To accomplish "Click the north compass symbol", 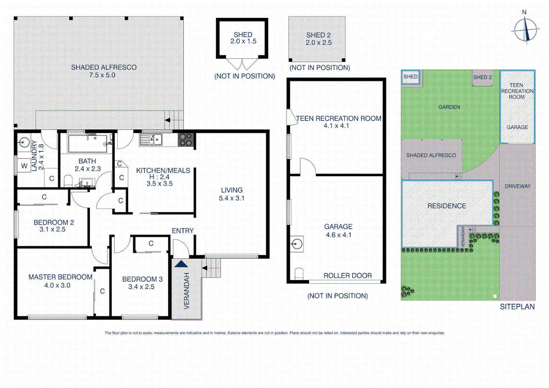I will click(x=525, y=30).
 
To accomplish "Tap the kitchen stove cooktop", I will click(x=186, y=140).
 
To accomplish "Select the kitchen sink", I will click(x=151, y=139).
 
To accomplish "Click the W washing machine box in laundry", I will click(x=24, y=166).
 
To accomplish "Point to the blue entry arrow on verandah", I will click(x=181, y=264).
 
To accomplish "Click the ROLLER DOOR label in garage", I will click(x=347, y=276).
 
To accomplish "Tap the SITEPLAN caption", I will click(x=517, y=306).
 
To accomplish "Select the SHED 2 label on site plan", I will click(x=482, y=77).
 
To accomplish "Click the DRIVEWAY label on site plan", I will click(x=517, y=186).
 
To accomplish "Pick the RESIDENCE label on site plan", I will click(x=447, y=206).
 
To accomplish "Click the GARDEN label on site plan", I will click(x=449, y=107).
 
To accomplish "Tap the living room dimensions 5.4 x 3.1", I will click(x=232, y=198).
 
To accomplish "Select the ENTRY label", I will click(x=183, y=231).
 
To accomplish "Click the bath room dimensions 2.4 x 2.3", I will click(x=88, y=168).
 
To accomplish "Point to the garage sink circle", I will click(x=297, y=244).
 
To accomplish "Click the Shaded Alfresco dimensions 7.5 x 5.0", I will click(x=102, y=75).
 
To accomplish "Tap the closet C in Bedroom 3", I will click(x=151, y=244).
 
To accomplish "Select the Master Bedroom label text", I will click(x=60, y=277).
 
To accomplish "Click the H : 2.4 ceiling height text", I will click(x=159, y=177).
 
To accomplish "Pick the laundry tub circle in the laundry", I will click(x=24, y=142).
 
